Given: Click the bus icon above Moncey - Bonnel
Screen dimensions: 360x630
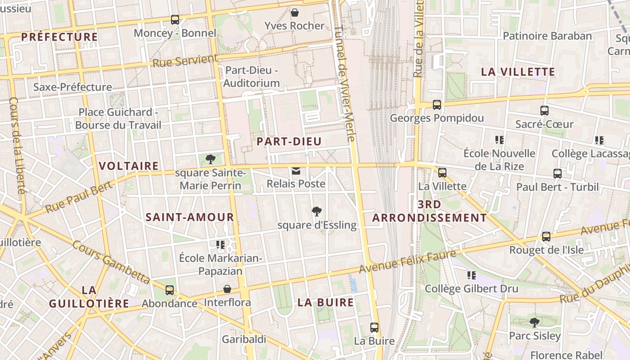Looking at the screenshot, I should click(x=175, y=20).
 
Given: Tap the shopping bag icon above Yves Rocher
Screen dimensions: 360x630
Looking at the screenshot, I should click(x=295, y=12).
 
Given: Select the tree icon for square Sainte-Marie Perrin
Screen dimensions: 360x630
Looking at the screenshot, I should click(x=210, y=159).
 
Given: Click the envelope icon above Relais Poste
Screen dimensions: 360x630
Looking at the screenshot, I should click(x=296, y=171).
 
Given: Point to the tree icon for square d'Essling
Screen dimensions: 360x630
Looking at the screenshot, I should click(x=317, y=211).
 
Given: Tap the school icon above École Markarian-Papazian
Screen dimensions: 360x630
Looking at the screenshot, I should click(x=220, y=244).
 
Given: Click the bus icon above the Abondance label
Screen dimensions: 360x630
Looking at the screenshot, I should click(x=170, y=290).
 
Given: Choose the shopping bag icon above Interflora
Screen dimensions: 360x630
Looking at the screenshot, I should click(x=227, y=289).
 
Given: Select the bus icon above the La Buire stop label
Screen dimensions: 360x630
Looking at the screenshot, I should click(x=374, y=328).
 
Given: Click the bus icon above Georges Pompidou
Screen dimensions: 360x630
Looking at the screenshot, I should click(x=436, y=105).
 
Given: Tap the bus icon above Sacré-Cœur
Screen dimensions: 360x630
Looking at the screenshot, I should click(x=544, y=110).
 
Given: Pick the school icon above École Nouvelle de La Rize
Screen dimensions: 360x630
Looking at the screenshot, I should click(x=499, y=139).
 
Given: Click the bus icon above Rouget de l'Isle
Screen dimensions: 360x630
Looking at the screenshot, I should click(x=546, y=236).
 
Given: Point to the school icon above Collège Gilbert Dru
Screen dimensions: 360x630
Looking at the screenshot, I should click(x=471, y=275).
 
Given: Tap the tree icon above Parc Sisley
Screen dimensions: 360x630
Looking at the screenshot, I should click(x=535, y=322).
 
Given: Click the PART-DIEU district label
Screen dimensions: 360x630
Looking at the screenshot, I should click(x=289, y=142).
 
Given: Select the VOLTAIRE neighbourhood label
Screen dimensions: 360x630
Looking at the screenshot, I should click(x=129, y=166).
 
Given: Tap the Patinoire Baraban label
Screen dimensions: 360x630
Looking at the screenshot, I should click(x=547, y=36).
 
